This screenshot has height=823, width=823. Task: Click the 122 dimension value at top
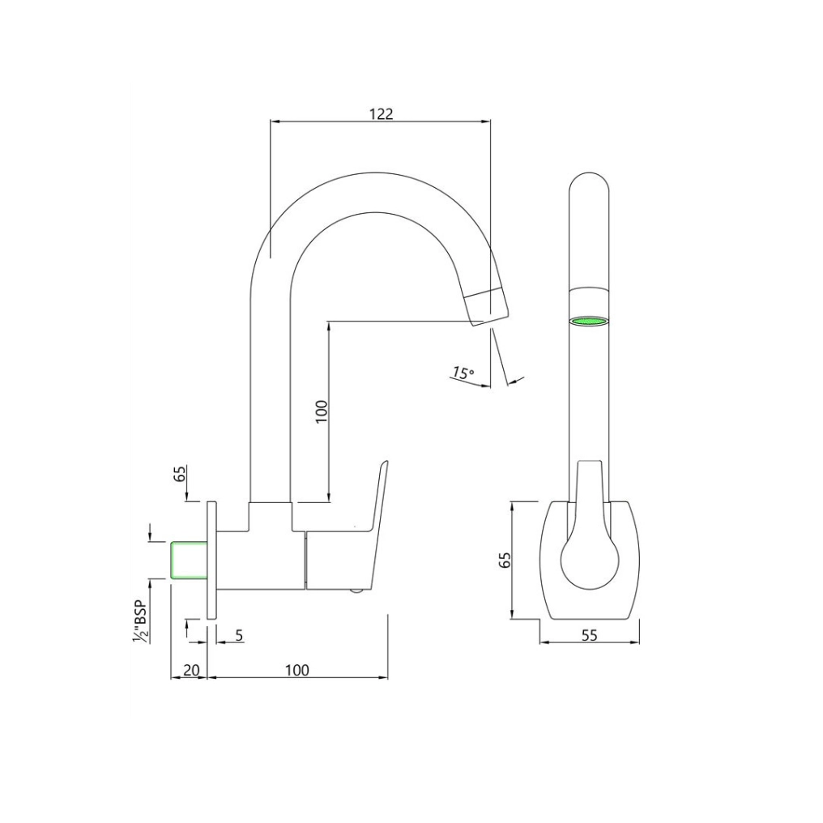click(x=381, y=113)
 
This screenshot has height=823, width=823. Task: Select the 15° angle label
click(x=463, y=373)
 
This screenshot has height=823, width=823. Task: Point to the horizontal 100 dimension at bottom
click(x=296, y=670)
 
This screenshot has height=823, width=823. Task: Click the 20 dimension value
click(x=191, y=670)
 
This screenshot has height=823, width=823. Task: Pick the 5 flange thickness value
click(x=239, y=635)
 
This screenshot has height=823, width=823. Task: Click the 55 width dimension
click(x=589, y=636)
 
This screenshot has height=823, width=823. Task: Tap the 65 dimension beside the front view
click(x=505, y=561)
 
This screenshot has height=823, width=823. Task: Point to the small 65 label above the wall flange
click(x=180, y=473)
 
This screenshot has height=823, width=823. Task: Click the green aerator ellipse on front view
click(x=589, y=322)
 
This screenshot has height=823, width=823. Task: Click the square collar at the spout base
click(x=270, y=517)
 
